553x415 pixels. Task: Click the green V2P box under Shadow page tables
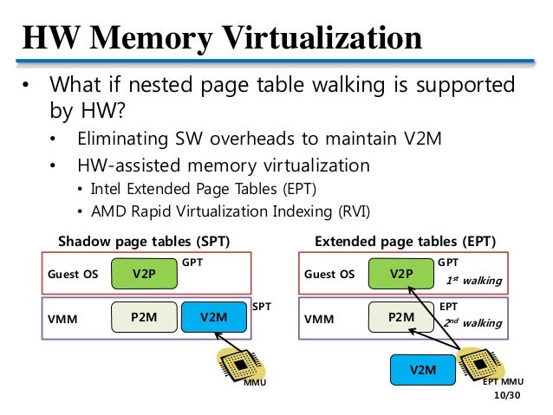(x=144, y=274)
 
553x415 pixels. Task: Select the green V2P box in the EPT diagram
(x=401, y=274)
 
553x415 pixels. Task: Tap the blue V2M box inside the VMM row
(x=214, y=317)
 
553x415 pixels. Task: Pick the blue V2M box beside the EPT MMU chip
(x=422, y=370)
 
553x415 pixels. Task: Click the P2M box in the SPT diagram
(x=144, y=317)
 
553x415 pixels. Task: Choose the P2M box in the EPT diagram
(x=401, y=317)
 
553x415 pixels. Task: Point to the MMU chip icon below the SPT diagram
(x=241, y=366)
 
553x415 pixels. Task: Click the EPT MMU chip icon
(x=480, y=365)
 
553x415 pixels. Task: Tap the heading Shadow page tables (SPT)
(x=144, y=242)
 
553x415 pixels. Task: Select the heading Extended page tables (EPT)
(x=406, y=242)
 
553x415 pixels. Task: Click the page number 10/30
(x=507, y=395)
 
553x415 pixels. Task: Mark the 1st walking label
(x=473, y=281)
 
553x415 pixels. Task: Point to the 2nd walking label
(x=472, y=322)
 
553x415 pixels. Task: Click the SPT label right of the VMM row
(x=262, y=307)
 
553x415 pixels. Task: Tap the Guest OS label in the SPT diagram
(x=73, y=274)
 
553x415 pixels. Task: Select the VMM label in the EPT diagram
(x=319, y=319)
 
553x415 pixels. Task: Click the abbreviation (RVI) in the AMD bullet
(x=354, y=211)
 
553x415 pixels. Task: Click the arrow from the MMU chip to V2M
(x=229, y=342)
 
